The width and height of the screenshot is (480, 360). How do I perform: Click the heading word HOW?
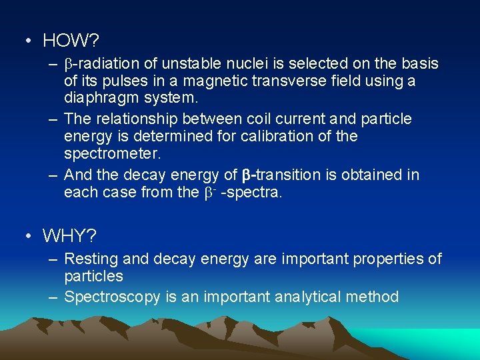coord(71,41)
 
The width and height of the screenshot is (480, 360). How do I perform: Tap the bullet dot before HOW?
coord(26,41)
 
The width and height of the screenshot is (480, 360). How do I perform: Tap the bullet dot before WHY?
coord(26,236)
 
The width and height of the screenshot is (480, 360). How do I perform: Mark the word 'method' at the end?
coord(373,297)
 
